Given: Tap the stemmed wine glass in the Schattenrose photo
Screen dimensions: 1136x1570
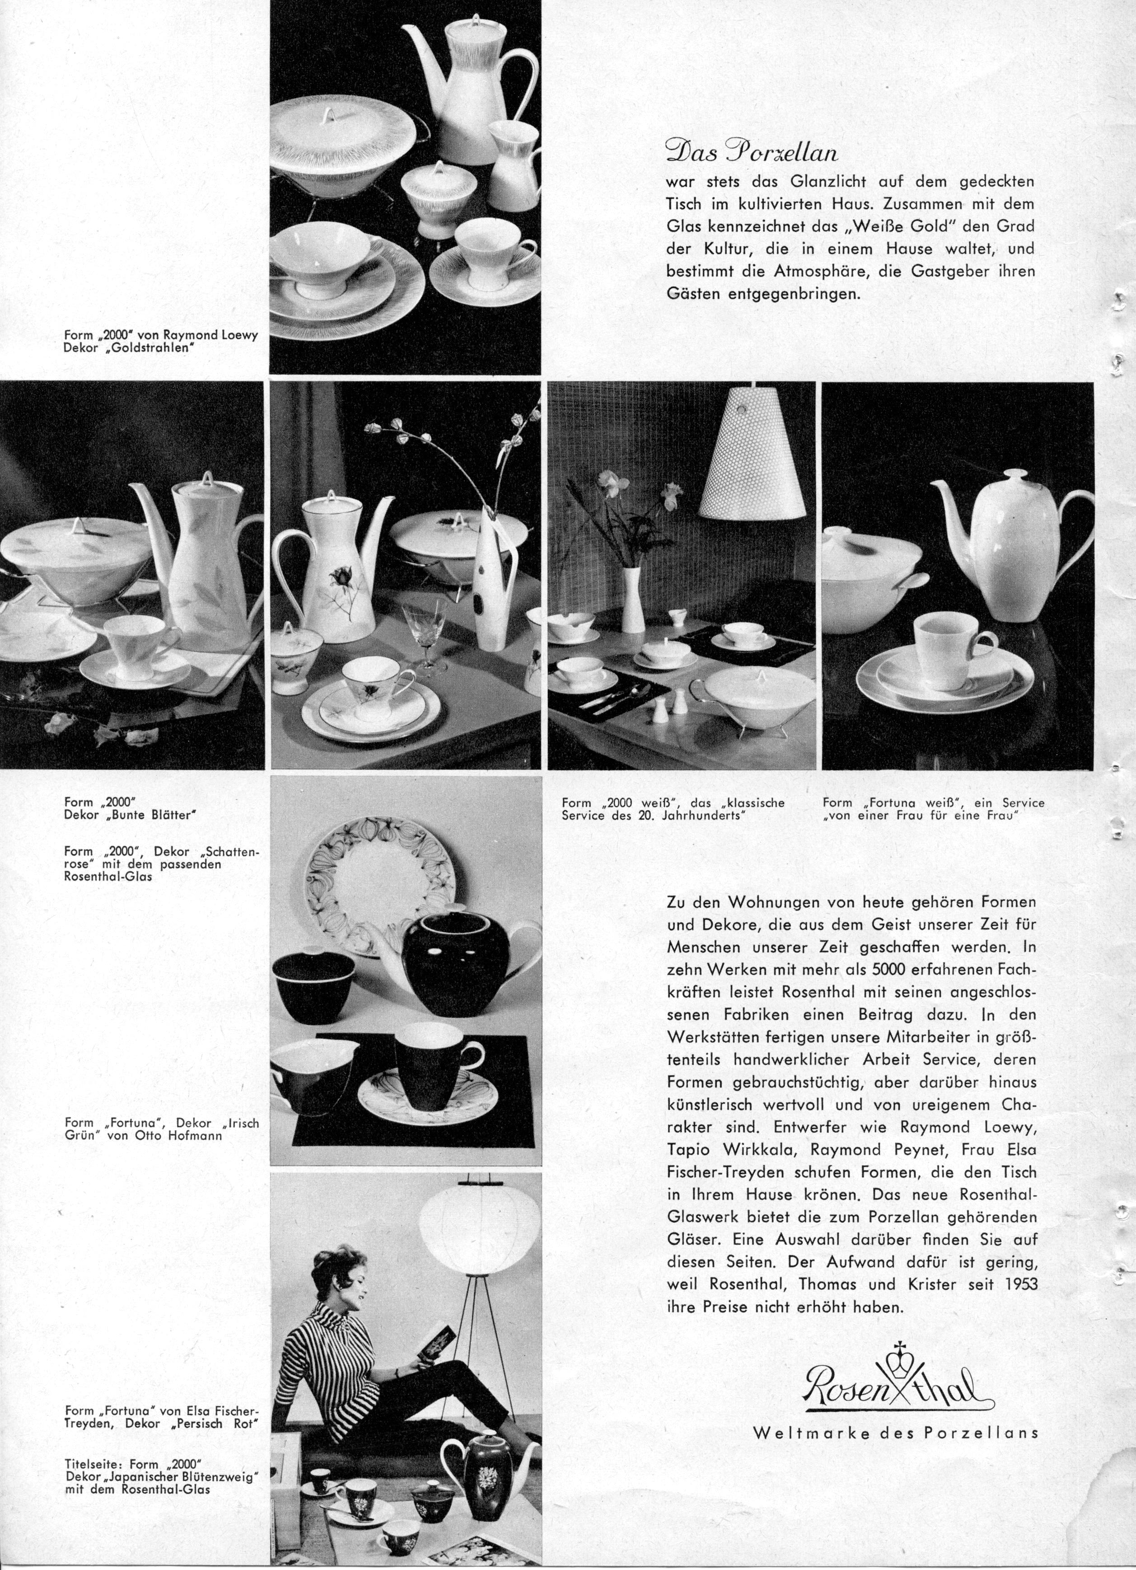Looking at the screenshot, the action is tap(427, 636).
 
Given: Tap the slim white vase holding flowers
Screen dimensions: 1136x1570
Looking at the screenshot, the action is tap(633, 597).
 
